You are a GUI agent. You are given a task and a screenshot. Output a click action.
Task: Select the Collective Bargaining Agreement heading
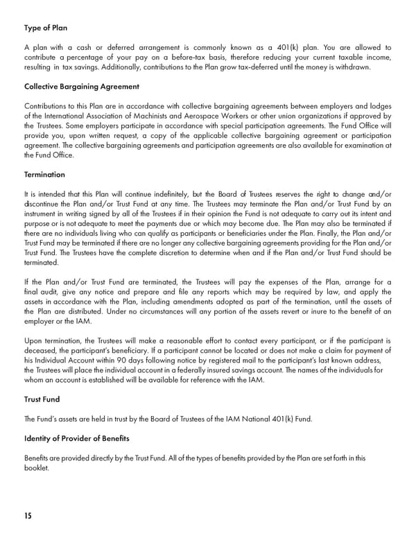(82, 87)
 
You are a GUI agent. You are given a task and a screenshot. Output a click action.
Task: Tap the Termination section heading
(44, 174)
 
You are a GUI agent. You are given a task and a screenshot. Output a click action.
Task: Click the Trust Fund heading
(42, 399)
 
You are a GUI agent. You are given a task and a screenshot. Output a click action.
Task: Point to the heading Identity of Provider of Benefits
(76, 439)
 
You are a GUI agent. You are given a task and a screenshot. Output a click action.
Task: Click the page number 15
(28, 516)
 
